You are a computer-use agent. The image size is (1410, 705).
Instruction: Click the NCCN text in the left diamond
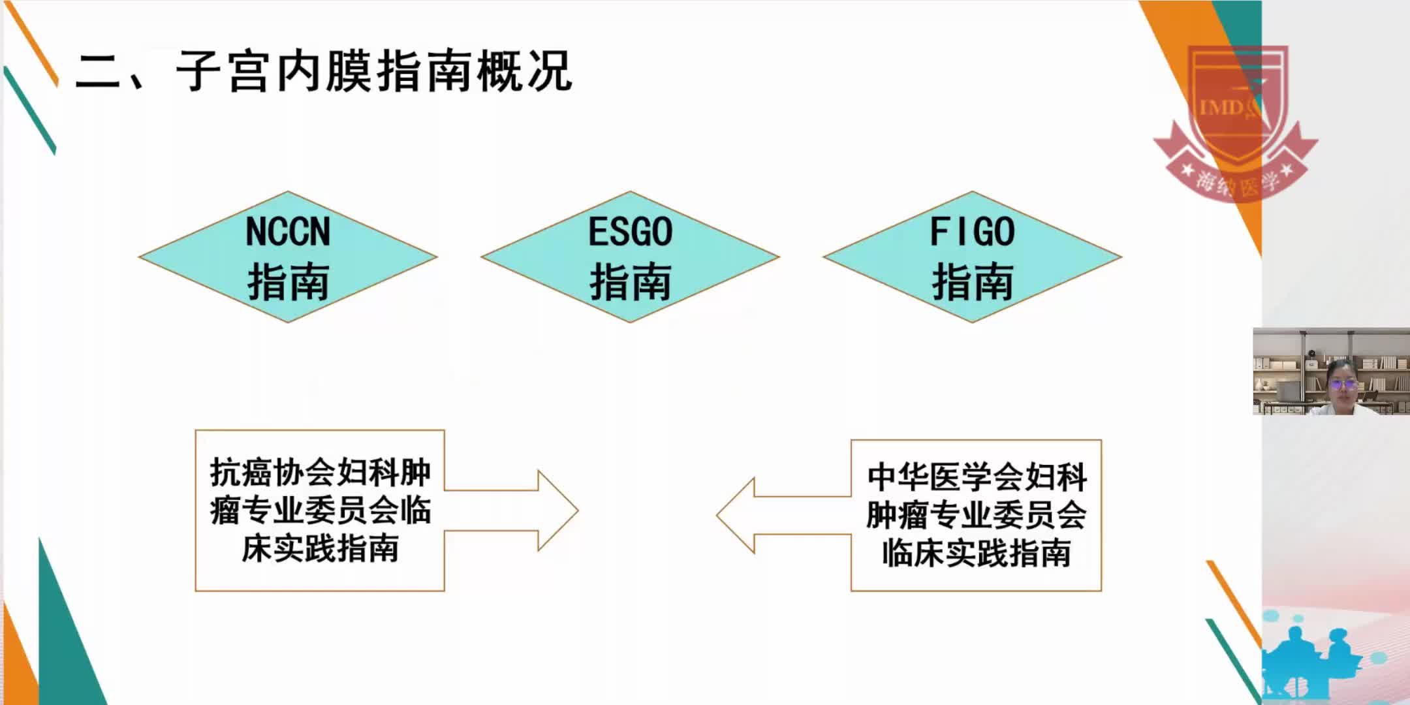(288, 231)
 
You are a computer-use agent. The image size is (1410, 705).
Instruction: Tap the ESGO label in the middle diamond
(630, 231)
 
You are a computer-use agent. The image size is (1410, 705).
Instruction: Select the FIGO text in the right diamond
(972, 231)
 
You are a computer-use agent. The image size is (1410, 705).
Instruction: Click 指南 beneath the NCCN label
(288, 282)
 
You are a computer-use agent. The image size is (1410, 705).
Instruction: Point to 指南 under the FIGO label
(972, 282)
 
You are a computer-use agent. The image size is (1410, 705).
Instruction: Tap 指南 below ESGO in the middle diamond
(630, 282)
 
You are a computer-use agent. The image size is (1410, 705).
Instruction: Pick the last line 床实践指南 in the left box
(320, 548)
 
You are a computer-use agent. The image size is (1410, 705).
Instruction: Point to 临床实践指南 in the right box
(976, 554)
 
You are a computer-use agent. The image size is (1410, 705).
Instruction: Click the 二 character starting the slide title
(99, 72)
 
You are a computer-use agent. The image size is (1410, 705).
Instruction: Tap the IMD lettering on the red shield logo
(1221, 106)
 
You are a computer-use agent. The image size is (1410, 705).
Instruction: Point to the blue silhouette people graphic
(1306, 659)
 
